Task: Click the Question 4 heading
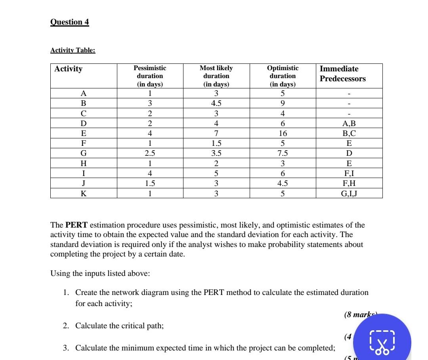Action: click(x=70, y=22)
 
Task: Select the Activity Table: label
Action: click(x=73, y=50)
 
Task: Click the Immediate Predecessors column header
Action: click(x=342, y=74)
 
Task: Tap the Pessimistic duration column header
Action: click(x=150, y=76)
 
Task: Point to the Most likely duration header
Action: click(x=216, y=76)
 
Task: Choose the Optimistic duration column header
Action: click(x=283, y=76)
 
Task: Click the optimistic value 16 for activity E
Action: click(x=283, y=134)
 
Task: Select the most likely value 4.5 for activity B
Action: click(x=216, y=103)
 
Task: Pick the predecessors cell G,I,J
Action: click(x=349, y=193)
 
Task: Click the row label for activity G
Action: click(x=84, y=153)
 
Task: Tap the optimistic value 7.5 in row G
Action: click(x=283, y=153)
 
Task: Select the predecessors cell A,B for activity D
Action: click(x=349, y=124)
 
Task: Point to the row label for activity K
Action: click(x=84, y=193)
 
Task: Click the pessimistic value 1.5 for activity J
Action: click(x=150, y=184)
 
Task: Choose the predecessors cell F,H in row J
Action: click(x=349, y=184)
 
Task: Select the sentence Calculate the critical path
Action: click(x=119, y=326)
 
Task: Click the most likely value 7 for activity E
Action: click(x=216, y=134)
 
